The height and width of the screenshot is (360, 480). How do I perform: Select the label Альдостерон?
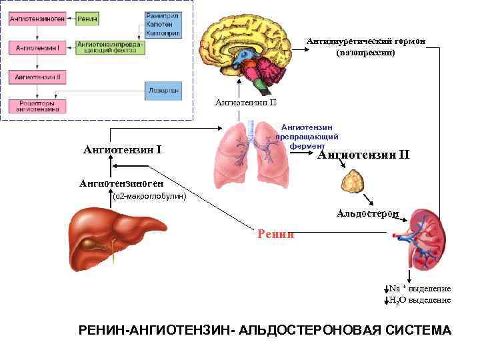(x=368, y=213)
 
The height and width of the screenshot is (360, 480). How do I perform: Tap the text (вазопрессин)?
(x=366, y=53)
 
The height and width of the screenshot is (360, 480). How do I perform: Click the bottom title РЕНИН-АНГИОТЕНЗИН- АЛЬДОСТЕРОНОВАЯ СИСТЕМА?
(x=265, y=331)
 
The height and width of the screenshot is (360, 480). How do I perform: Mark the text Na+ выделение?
(x=419, y=289)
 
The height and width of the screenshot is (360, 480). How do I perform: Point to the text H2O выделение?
(x=419, y=300)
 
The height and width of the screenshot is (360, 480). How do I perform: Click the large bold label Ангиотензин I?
(x=122, y=149)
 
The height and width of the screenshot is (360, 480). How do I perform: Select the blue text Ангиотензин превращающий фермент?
(x=307, y=136)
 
